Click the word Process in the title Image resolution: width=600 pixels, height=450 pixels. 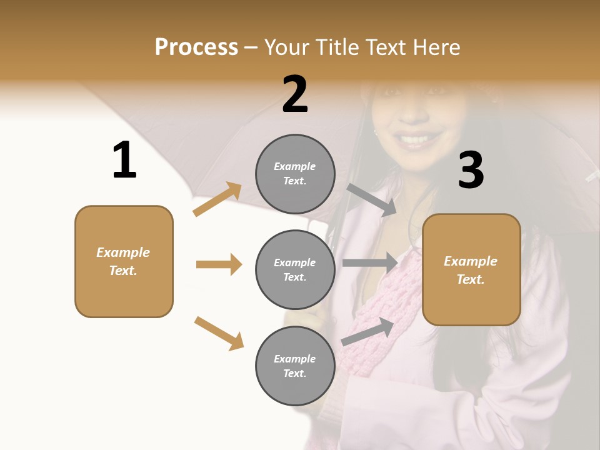(x=196, y=47)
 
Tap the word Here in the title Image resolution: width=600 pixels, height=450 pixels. (x=433, y=47)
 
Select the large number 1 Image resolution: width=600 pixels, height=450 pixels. (x=124, y=161)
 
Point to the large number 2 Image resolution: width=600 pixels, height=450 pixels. (x=295, y=94)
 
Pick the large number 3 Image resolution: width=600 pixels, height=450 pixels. (x=471, y=171)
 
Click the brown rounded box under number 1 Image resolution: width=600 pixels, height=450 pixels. (x=124, y=261)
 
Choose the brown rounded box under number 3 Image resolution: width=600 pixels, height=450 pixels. (x=471, y=270)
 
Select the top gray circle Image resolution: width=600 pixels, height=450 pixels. (x=295, y=174)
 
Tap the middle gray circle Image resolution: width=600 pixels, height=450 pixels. (x=295, y=269)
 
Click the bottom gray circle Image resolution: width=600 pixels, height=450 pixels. (x=295, y=366)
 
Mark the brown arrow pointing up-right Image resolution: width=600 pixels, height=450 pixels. (x=217, y=199)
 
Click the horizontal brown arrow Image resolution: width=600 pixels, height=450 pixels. (x=219, y=264)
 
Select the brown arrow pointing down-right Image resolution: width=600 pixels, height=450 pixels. (x=219, y=333)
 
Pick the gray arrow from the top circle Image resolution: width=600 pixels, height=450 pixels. (x=372, y=199)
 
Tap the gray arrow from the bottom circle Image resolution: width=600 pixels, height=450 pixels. (x=368, y=331)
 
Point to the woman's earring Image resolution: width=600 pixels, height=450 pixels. (x=376, y=132)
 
